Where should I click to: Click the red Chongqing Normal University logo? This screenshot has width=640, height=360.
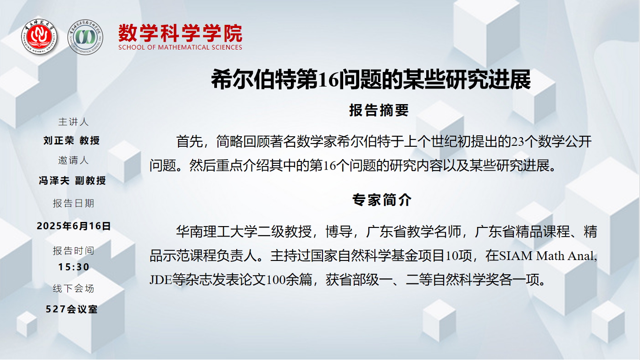39,37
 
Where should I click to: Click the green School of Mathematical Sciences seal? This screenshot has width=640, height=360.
85,37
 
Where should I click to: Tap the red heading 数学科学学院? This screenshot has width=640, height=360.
180,33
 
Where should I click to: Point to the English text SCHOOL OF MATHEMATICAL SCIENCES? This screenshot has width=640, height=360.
180,47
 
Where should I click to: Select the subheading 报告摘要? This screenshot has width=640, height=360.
379,110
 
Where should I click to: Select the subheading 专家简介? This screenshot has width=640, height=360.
382,199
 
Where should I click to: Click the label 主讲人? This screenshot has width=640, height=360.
73,122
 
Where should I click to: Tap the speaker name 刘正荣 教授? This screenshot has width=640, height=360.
72,140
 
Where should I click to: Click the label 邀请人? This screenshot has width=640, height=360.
73,160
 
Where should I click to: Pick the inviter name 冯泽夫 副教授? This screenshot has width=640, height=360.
72,180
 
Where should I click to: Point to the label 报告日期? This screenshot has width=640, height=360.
73,203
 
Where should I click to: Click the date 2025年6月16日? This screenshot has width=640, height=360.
73,226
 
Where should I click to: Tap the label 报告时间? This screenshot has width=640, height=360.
73,251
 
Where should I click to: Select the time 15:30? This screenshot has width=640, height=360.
74,267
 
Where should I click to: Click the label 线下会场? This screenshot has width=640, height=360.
73,288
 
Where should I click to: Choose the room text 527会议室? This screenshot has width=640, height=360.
72,309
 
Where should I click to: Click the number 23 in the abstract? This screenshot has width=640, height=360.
518,142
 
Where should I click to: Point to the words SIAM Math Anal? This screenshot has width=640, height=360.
548,256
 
